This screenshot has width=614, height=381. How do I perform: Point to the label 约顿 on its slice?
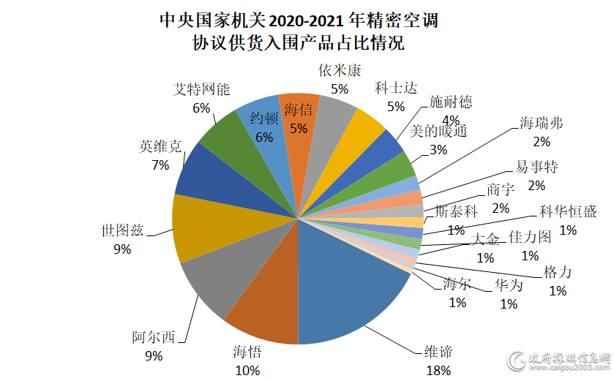[264, 118]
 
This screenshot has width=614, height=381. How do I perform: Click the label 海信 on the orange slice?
[298, 110]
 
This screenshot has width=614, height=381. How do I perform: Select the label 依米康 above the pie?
[340, 70]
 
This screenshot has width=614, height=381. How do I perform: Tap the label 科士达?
[396, 88]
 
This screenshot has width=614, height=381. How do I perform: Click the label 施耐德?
[451, 102]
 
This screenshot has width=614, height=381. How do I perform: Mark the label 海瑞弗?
[541, 122]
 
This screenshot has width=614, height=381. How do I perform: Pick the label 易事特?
[536, 167]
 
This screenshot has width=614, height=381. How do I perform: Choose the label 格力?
[558, 273]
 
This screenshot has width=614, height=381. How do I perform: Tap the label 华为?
[508, 285]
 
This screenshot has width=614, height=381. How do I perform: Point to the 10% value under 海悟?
[247, 370]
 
